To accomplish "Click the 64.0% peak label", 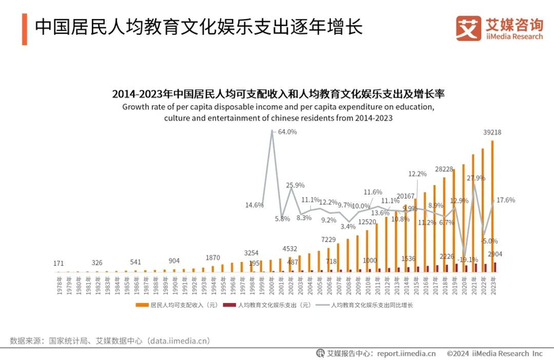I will (x=286, y=132).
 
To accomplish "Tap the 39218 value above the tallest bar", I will (x=492, y=132).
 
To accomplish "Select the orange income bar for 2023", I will (x=492, y=206).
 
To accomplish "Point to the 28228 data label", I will (x=443, y=169).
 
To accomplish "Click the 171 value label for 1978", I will (x=59, y=263).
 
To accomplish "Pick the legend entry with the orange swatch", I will (x=176, y=305).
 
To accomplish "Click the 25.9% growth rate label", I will (x=295, y=185).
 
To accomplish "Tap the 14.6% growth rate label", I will (x=254, y=205).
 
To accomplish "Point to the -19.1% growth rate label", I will (x=468, y=259).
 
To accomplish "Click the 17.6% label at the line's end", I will (x=505, y=200).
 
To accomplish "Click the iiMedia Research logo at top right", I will (x=500, y=27).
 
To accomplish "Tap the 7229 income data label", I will (x=328, y=239).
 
